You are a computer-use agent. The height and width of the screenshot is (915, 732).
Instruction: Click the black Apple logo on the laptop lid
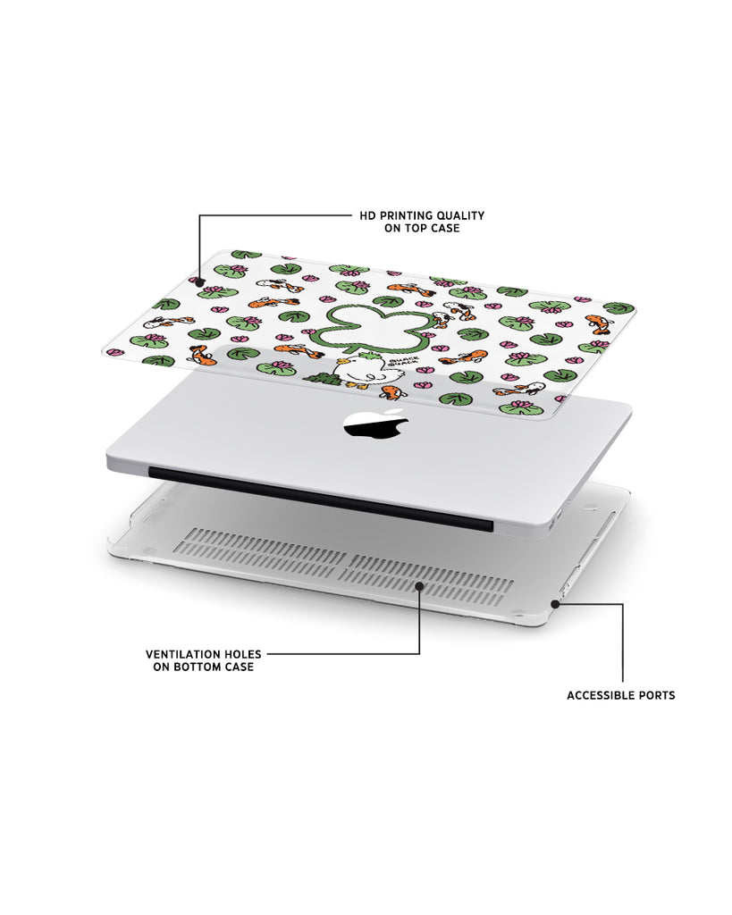click(x=375, y=424)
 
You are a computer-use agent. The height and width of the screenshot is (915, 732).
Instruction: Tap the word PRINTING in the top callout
click(x=403, y=216)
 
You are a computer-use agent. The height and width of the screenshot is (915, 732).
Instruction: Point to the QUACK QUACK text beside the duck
click(x=407, y=362)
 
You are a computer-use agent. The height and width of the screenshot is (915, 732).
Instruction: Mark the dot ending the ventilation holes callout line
click(x=419, y=585)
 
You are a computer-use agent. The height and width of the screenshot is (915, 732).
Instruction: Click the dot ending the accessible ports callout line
click(x=555, y=604)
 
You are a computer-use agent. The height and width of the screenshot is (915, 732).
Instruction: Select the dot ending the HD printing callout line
click(x=199, y=281)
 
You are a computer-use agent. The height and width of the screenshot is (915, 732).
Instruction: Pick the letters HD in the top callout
click(x=367, y=216)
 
